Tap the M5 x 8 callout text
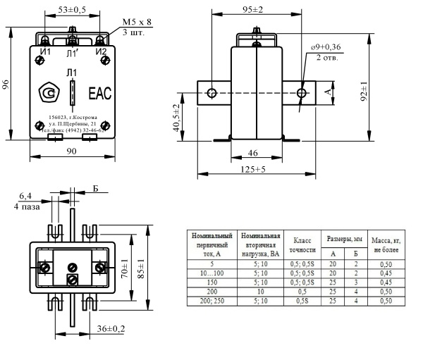(x=137, y=22)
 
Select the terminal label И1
(x=44, y=51)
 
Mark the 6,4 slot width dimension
(x=25, y=197)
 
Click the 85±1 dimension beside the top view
(x=142, y=271)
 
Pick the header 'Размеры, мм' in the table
(x=344, y=238)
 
